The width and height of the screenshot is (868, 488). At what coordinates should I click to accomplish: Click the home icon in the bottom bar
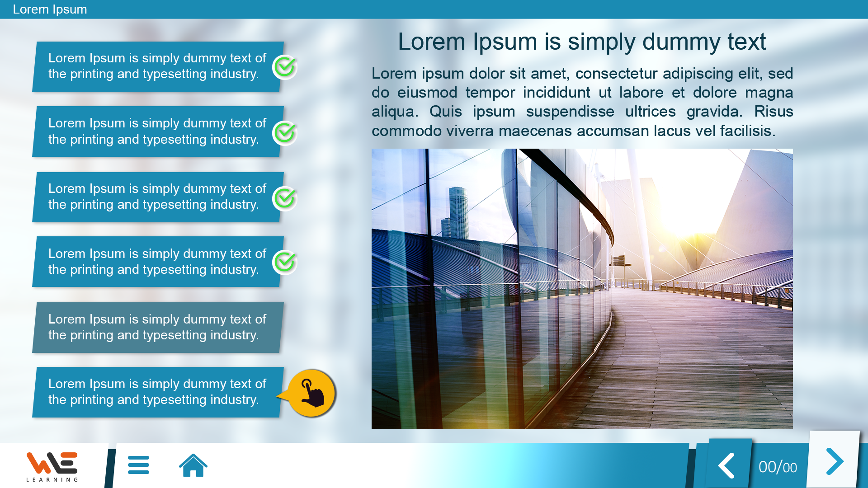[x=193, y=465]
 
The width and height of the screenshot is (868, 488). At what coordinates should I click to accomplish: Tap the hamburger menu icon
[x=138, y=465]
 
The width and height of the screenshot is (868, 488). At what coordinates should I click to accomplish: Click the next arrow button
[x=835, y=461]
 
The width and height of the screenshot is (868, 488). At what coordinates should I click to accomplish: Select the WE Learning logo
[x=52, y=466]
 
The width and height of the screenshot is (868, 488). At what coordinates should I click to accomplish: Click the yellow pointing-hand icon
[x=311, y=393]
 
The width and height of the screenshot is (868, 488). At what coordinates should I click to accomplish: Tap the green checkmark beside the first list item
[x=285, y=67]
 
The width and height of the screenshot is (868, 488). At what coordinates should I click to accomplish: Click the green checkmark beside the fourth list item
[x=285, y=263]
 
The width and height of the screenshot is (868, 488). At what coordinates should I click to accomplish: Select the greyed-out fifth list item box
[x=158, y=328]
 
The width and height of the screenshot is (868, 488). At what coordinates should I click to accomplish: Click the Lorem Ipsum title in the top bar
[x=50, y=9]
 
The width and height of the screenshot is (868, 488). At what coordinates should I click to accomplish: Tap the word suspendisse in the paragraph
[x=570, y=112]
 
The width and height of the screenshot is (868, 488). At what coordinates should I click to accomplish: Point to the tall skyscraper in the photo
[x=458, y=212]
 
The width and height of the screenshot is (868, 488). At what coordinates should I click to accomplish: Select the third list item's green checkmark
[x=285, y=198]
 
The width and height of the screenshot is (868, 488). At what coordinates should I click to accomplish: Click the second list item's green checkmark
[x=285, y=133]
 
